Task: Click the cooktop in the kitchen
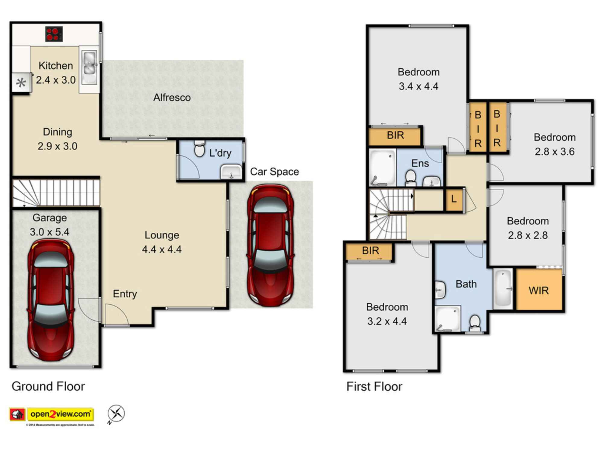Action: (x=54, y=34)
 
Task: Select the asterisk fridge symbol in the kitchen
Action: (x=21, y=82)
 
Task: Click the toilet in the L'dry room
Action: (x=199, y=149)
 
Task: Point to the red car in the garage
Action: (x=51, y=300)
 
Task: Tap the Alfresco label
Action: (x=172, y=98)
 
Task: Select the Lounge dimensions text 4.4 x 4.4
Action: (x=162, y=250)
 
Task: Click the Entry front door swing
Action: (x=116, y=315)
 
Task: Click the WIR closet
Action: (x=539, y=290)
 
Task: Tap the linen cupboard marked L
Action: (x=454, y=199)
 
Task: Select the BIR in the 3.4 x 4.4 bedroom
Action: (x=395, y=136)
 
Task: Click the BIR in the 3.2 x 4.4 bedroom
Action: (x=370, y=251)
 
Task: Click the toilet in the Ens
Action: (x=410, y=178)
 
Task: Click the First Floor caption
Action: (x=374, y=387)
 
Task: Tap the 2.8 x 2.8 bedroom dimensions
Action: (x=528, y=235)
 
